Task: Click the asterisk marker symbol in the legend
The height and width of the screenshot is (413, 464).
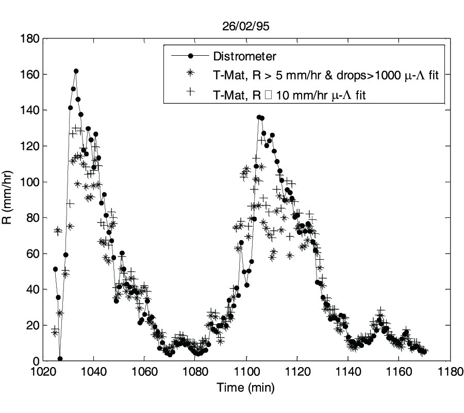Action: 190,74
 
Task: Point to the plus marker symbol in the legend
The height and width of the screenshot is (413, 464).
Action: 190,92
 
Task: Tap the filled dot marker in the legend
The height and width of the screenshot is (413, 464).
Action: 190,56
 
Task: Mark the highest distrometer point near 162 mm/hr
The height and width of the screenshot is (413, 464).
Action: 76,71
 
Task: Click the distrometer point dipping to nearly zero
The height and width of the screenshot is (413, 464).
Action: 60,359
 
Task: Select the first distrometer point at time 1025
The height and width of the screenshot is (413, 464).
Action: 55,269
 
